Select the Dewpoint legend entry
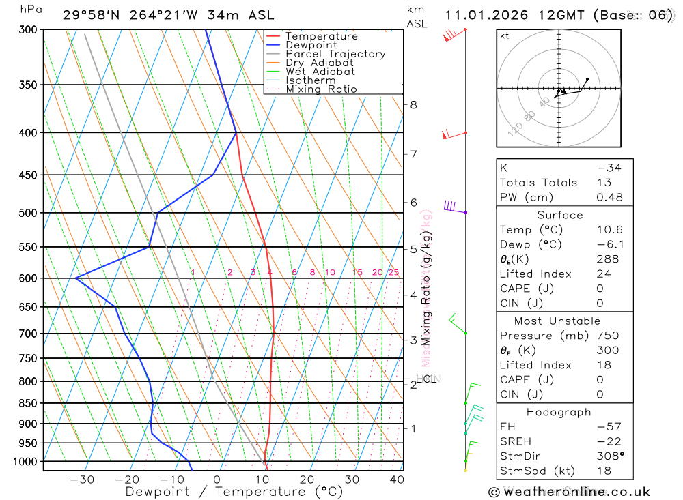tap(311, 45)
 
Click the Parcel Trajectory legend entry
tap(335, 54)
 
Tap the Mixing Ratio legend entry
tap(321, 89)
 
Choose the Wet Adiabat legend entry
tap(320, 72)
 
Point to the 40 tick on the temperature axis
tap(396, 480)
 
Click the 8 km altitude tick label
tap(413, 105)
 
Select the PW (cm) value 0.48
tap(609, 197)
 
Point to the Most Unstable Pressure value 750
tap(608, 336)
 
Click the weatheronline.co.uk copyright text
tap(569, 492)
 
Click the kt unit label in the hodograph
tap(505, 36)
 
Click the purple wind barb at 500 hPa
tap(451, 207)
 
